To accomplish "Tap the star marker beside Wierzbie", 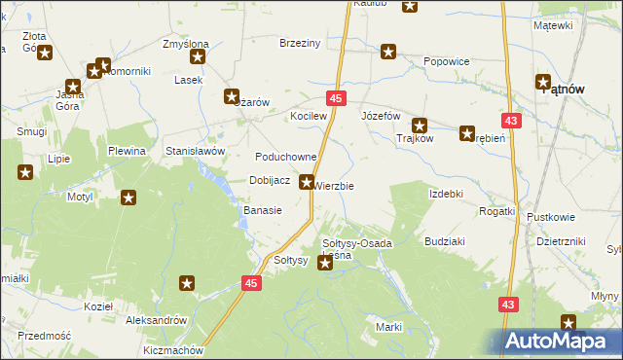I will click(x=307, y=181).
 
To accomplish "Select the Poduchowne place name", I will click(x=286, y=157).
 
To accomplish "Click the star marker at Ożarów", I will click(x=232, y=96).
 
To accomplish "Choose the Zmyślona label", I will click(x=185, y=44).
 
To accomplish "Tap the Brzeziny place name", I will click(x=300, y=43).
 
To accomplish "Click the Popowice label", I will click(x=447, y=61).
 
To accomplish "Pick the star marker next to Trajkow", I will click(x=420, y=125).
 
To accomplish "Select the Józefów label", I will click(x=382, y=116).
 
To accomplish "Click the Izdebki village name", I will click(x=446, y=194).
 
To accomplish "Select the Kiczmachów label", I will click(x=171, y=349).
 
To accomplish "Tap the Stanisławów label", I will click(x=196, y=152).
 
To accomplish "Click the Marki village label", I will click(x=389, y=327).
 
